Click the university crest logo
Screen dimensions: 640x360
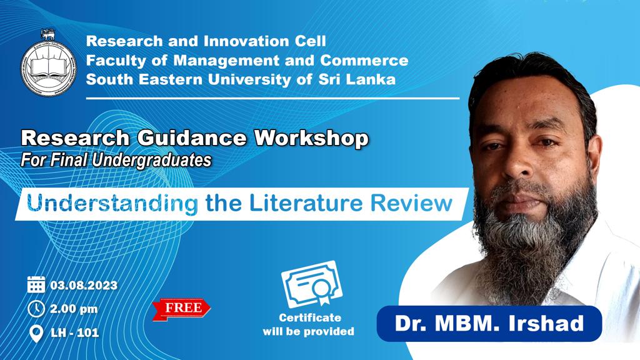49,64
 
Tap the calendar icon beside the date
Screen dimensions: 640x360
36,284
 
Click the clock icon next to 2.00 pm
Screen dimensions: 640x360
36,309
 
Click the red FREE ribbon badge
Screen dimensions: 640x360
181,309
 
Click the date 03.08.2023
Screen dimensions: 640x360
84,285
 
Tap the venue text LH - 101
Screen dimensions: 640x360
75,332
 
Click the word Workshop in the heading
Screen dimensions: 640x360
311,139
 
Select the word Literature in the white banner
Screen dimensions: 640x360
306,203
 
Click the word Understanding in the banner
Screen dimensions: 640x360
112,204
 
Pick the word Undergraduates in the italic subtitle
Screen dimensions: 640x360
151,161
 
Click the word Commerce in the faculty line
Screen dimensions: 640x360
364,61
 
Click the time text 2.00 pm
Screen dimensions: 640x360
74,309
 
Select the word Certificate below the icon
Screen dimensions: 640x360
310,317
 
